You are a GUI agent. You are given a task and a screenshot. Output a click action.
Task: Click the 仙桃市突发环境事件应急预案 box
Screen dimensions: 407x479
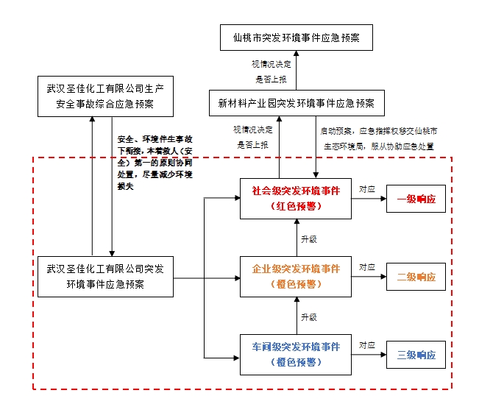[297, 36]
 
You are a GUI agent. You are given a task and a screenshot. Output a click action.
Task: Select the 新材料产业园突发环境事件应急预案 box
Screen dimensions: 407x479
[297, 102]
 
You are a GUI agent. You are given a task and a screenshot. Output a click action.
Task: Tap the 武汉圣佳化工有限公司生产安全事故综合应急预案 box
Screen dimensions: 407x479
[104, 96]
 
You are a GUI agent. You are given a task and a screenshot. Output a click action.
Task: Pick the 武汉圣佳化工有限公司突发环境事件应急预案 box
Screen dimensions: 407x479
[104, 277]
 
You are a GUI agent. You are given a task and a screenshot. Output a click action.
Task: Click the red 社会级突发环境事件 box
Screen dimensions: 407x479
[297, 198]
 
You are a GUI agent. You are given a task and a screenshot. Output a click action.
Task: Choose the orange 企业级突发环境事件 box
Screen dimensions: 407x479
[297, 277]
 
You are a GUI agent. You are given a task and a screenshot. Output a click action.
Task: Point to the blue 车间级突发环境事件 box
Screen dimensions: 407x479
[297, 354]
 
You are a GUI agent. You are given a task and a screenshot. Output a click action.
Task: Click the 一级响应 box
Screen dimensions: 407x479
[416, 199]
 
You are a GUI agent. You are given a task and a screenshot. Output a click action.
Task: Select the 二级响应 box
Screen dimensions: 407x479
[416, 277]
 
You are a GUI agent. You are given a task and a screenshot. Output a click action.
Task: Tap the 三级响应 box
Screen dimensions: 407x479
[416, 355]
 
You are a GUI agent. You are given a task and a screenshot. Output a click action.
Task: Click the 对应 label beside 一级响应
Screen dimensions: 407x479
[367, 189]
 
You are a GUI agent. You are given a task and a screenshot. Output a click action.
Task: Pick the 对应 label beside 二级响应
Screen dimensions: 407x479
[367, 267]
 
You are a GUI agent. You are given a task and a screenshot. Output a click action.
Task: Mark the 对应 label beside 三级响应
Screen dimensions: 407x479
[367, 345]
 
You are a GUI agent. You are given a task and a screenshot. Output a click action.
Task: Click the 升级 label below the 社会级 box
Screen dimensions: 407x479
[309, 239]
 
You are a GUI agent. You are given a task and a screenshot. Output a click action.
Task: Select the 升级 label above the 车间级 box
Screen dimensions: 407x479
[309, 317]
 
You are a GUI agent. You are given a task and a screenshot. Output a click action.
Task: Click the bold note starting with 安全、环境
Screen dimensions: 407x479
[146, 162]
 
